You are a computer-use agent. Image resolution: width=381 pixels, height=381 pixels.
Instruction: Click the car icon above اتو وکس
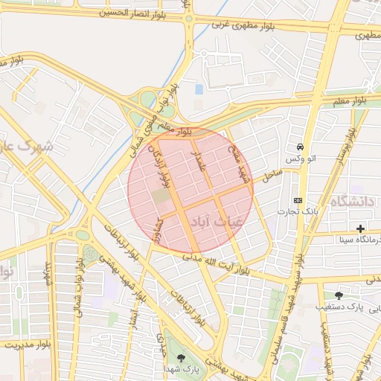(299, 147)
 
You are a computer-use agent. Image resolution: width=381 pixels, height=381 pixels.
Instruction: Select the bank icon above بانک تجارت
(298, 200)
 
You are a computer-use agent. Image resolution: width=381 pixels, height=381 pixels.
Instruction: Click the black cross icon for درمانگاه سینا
(361, 228)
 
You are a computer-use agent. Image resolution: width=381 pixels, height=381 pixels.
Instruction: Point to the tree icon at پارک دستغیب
(339, 295)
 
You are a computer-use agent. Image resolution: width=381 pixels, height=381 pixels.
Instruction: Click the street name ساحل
(271, 176)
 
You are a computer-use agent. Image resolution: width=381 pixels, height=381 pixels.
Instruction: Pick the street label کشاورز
(158, 231)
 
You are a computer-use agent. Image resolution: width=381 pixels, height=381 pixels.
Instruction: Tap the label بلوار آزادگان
(162, 165)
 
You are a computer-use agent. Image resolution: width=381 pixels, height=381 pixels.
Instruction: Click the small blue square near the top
(199, 89)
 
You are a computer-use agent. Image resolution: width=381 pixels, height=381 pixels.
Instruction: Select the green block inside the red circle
(161, 196)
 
